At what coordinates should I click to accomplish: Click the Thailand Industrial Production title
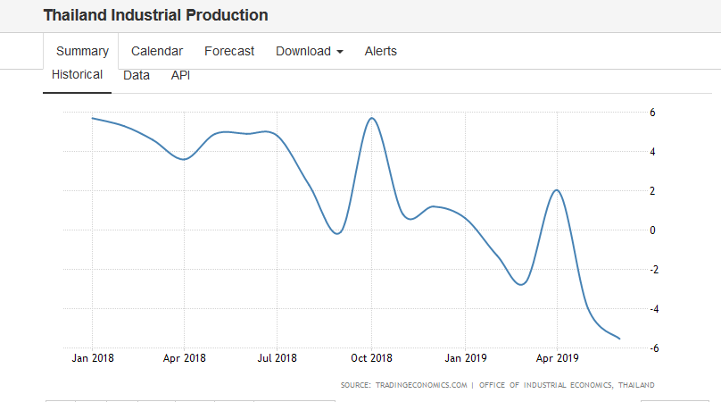[x=155, y=15]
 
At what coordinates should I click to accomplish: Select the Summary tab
[x=82, y=51]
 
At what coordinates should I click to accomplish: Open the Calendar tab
[x=157, y=51]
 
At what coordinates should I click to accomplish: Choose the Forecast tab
[x=229, y=51]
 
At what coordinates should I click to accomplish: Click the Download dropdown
[x=309, y=51]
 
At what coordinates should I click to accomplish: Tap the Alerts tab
[x=381, y=51]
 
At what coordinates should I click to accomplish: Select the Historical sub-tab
[x=77, y=75]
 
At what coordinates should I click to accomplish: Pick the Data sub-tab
[x=137, y=75]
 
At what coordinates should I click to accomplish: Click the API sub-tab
[x=180, y=75]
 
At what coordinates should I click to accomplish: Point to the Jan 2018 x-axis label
[x=93, y=358]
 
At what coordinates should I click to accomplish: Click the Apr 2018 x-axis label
[x=184, y=358]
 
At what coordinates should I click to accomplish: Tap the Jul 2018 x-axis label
[x=277, y=358]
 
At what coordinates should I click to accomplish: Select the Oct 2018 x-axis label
[x=370, y=358]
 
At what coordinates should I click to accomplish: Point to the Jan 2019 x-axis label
[x=465, y=358]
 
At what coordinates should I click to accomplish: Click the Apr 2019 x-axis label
[x=557, y=358]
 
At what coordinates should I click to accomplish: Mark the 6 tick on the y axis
[x=652, y=113]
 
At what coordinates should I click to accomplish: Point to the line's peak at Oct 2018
[x=371, y=118]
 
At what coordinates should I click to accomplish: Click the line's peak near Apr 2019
[x=556, y=189]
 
